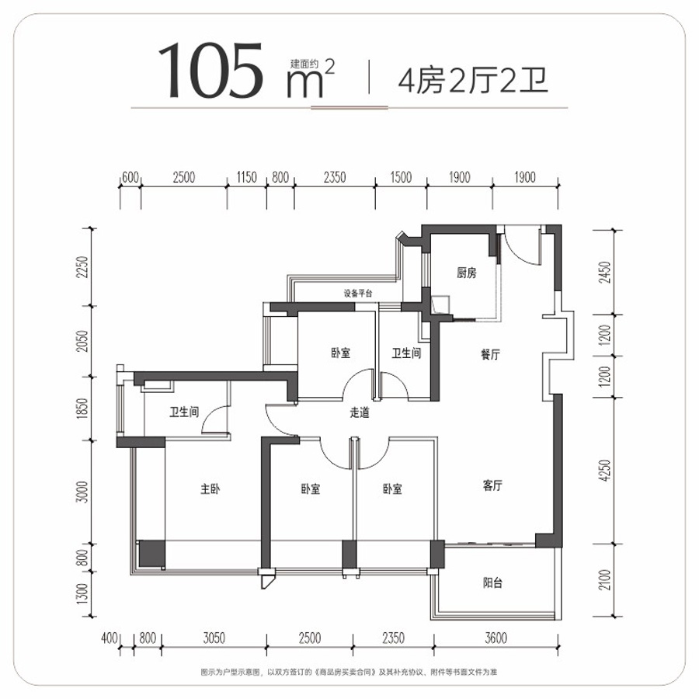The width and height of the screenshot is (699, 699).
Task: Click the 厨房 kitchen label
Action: click(466, 273)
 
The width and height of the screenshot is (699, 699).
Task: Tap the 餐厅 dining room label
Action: click(490, 354)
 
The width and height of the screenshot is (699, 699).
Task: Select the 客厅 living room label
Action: click(492, 485)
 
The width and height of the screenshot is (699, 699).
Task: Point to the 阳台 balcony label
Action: click(492, 582)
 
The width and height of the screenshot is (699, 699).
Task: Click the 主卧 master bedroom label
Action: click(210, 489)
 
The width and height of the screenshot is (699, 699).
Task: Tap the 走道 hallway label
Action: click(360, 412)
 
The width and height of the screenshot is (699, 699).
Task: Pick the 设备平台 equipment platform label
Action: click(357, 294)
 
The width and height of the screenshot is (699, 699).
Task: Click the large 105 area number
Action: click(210, 70)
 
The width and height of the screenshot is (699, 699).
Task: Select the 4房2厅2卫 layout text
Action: click(473, 80)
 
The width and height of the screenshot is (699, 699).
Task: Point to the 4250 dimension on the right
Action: click(604, 471)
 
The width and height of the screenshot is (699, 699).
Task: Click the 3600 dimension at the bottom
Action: click(496, 638)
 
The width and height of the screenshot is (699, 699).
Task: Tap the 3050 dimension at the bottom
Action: click(214, 638)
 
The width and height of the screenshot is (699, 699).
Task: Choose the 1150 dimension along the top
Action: click(246, 177)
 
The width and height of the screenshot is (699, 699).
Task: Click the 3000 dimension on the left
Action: click(82, 492)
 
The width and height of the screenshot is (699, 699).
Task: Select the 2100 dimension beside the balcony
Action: click(604, 580)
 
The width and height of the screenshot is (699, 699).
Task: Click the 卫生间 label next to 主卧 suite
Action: click(183, 412)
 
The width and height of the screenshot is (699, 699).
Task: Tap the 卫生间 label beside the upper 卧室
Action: click(406, 353)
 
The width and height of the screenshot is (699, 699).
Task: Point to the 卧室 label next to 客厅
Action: click(392, 489)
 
